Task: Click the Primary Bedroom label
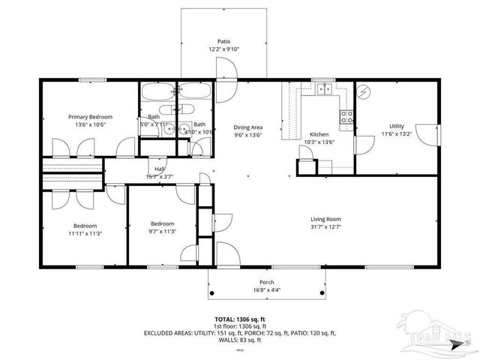click(x=90, y=117)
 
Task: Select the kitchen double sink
click(x=324, y=89)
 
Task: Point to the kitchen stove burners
click(x=347, y=116)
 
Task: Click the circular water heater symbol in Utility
click(x=365, y=91)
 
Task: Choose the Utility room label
click(x=397, y=126)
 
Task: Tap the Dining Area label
click(x=248, y=127)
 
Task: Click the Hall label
click(x=159, y=169)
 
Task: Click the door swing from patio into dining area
click(x=226, y=70)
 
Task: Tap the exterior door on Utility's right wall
click(x=428, y=136)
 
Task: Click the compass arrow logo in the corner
click(x=456, y=346)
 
